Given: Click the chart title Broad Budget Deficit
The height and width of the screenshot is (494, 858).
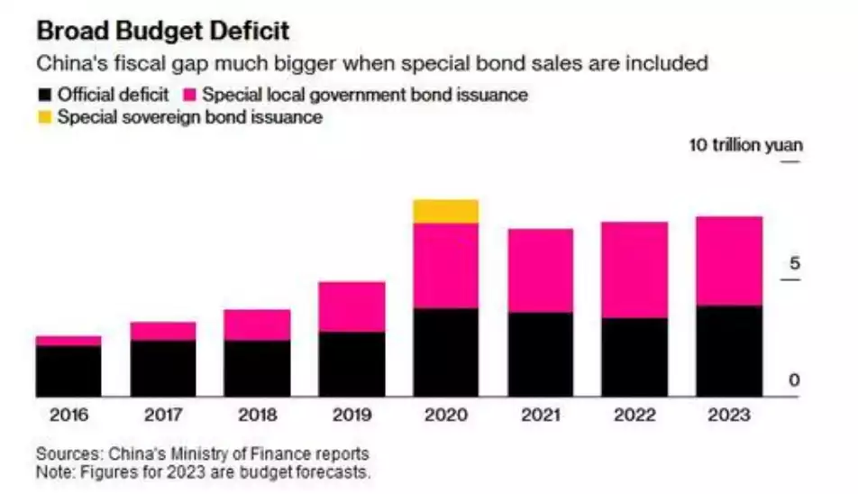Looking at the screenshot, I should [162, 31].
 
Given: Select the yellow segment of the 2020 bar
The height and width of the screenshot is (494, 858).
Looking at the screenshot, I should [445, 211].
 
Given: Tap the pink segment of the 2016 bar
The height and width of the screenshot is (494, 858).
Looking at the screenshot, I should [68, 341].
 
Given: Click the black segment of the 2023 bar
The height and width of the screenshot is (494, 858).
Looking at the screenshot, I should [729, 351].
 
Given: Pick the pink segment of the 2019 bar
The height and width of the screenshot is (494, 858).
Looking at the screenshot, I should [351, 306].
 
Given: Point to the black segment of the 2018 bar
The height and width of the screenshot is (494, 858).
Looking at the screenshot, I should [257, 368].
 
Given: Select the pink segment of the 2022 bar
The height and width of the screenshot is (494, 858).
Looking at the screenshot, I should [634, 270].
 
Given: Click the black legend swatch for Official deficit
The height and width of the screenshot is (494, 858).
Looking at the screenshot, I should [44, 94].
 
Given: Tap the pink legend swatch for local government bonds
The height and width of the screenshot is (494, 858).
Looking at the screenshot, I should [189, 94].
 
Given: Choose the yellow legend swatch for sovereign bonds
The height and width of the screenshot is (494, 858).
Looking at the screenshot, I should [44, 117].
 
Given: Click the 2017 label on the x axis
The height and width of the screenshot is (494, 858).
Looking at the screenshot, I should [163, 416].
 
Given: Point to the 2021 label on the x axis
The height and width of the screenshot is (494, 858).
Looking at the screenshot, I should [540, 416].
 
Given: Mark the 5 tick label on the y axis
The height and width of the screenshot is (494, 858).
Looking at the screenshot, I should [794, 264].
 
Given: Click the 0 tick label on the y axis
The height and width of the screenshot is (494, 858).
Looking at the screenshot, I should [794, 380].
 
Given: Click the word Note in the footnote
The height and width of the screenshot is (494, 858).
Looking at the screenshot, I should [53, 471].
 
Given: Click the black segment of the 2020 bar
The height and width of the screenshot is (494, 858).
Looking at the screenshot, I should [445, 352].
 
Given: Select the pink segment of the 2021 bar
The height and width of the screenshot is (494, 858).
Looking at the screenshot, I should [540, 270].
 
